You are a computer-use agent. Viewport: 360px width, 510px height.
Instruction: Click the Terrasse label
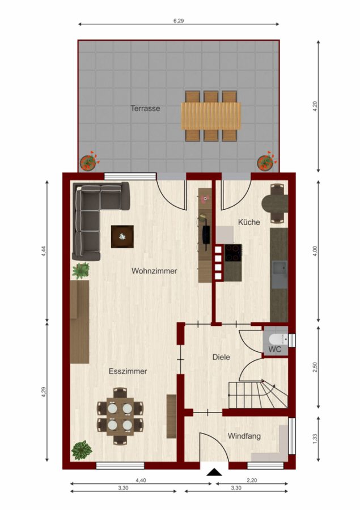click(146, 108)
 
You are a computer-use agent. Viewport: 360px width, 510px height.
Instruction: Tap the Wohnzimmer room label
click(154, 271)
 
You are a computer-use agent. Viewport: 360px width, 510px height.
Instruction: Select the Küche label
click(249, 222)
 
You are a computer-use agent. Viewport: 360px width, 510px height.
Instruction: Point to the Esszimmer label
click(128, 371)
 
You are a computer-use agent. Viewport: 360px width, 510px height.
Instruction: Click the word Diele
click(221, 357)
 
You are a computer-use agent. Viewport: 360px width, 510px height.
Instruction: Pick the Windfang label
click(244, 436)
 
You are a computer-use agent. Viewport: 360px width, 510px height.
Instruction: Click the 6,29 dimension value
click(179, 21)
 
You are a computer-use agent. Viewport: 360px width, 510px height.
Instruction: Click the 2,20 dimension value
click(252, 480)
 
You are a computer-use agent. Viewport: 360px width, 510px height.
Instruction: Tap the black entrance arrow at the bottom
click(214, 471)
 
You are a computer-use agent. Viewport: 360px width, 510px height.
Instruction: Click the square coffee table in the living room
click(122, 237)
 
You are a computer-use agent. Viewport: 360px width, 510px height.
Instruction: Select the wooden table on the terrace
click(211, 116)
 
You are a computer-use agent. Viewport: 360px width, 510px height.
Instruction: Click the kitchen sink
click(279, 275)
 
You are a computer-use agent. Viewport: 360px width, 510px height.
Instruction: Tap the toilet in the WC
click(278, 339)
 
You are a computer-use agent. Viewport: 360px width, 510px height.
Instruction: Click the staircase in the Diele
click(258, 394)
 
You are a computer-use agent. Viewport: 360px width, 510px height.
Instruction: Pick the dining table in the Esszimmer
click(120, 416)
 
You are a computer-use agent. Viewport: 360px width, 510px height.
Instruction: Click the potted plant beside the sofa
click(81, 271)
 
